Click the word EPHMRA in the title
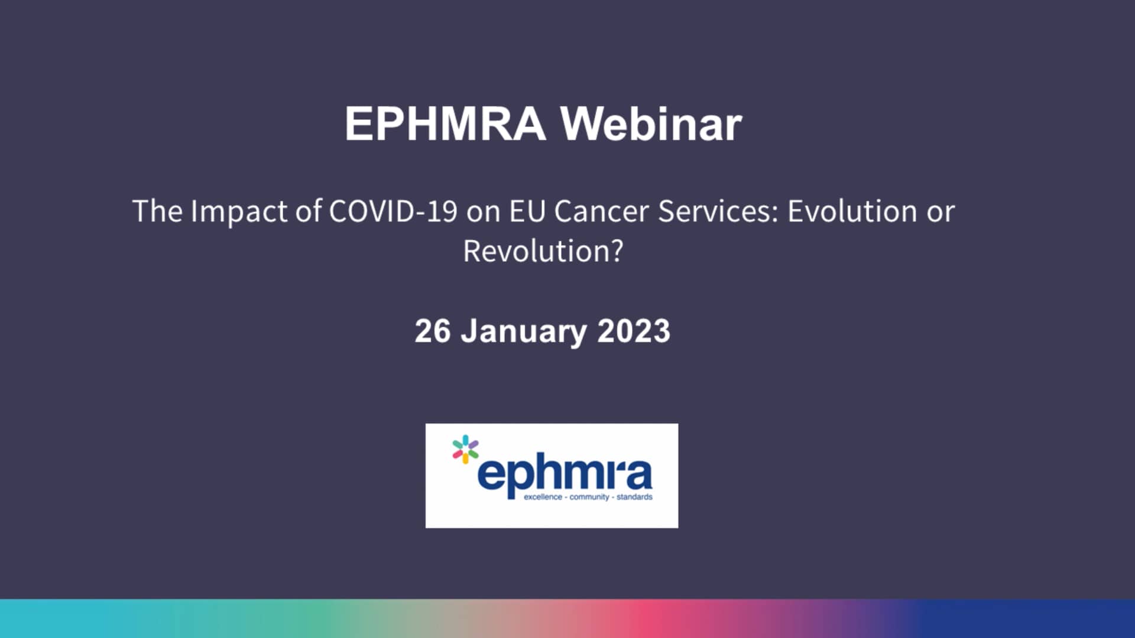445,124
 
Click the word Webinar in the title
651,124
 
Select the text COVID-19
393,211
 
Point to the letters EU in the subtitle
527,211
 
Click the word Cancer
601,211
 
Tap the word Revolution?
543,251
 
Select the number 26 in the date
432,331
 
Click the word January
524,331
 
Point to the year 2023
634,331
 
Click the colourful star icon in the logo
465,449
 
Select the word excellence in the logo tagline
543,497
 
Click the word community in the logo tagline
589,497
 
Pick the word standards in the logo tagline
634,497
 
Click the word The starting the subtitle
157,211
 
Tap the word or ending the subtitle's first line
941,211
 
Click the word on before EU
483,211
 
